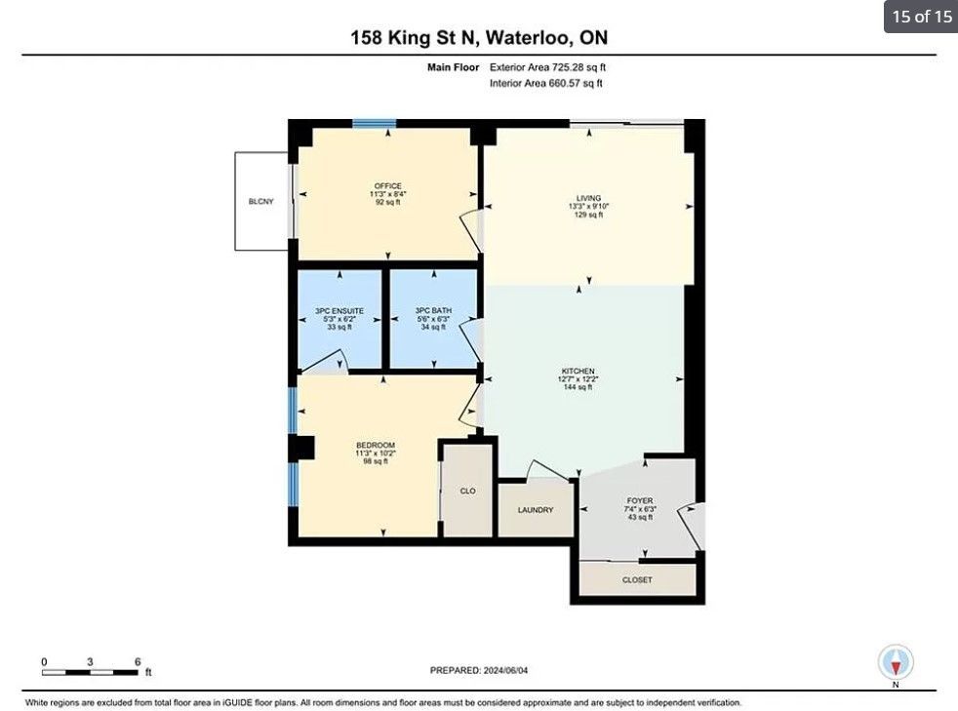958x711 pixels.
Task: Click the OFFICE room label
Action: click(388, 186)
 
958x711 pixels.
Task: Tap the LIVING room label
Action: click(588, 199)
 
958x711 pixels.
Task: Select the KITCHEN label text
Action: click(578, 372)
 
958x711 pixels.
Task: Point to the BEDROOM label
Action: click(376, 446)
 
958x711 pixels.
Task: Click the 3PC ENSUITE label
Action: click(339, 311)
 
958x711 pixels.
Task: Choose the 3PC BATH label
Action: click(433, 310)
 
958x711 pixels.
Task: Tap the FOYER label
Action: click(640, 501)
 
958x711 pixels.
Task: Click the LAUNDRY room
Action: click(536, 510)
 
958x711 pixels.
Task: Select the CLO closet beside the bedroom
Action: click(467, 492)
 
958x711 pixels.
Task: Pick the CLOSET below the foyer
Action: click(637, 579)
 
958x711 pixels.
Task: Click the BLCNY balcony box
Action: click(261, 201)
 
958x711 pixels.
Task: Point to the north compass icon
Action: click(896, 662)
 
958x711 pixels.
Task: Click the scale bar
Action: click(90, 673)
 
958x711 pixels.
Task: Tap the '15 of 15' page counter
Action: click(921, 17)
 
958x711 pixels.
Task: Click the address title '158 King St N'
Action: click(413, 38)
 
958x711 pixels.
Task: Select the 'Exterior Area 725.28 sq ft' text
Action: click(547, 67)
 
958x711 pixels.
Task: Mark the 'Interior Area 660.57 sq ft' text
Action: click(545, 83)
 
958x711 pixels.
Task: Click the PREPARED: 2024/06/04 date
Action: click(479, 670)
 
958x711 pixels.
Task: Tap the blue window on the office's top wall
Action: click(374, 124)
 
